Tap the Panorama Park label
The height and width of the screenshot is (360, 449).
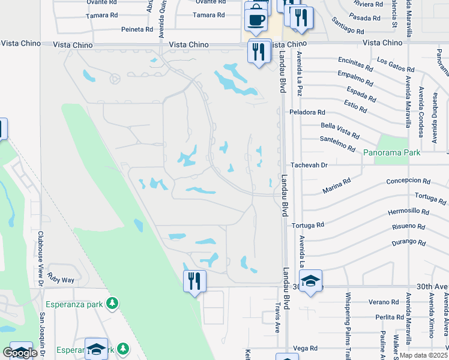(x=391, y=153)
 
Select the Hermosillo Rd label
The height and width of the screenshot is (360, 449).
(x=409, y=212)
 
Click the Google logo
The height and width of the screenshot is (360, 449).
(x=20, y=353)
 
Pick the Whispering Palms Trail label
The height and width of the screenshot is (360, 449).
(x=348, y=321)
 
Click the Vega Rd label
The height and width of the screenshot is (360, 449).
(x=305, y=348)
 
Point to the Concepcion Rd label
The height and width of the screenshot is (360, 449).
(x=408, y=181)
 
